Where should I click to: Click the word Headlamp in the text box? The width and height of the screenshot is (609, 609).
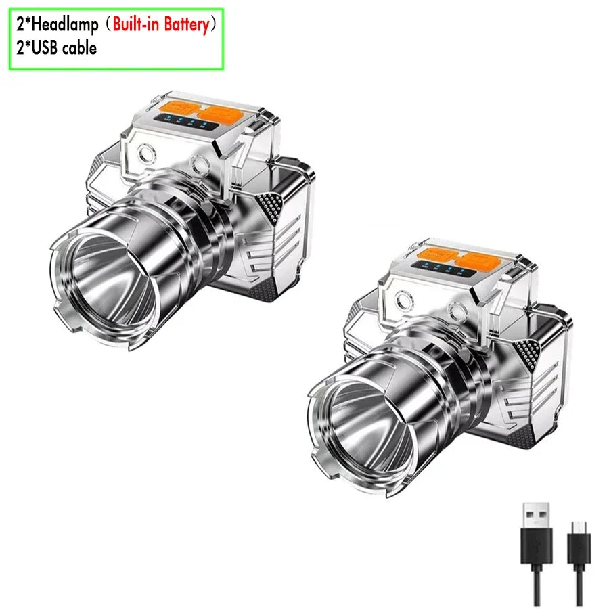65,25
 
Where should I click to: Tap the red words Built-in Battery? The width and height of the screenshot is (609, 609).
161,24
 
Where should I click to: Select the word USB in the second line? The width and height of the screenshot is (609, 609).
44,48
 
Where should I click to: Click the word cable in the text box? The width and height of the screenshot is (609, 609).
79,48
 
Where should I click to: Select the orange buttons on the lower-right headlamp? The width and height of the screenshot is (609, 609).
459,257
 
